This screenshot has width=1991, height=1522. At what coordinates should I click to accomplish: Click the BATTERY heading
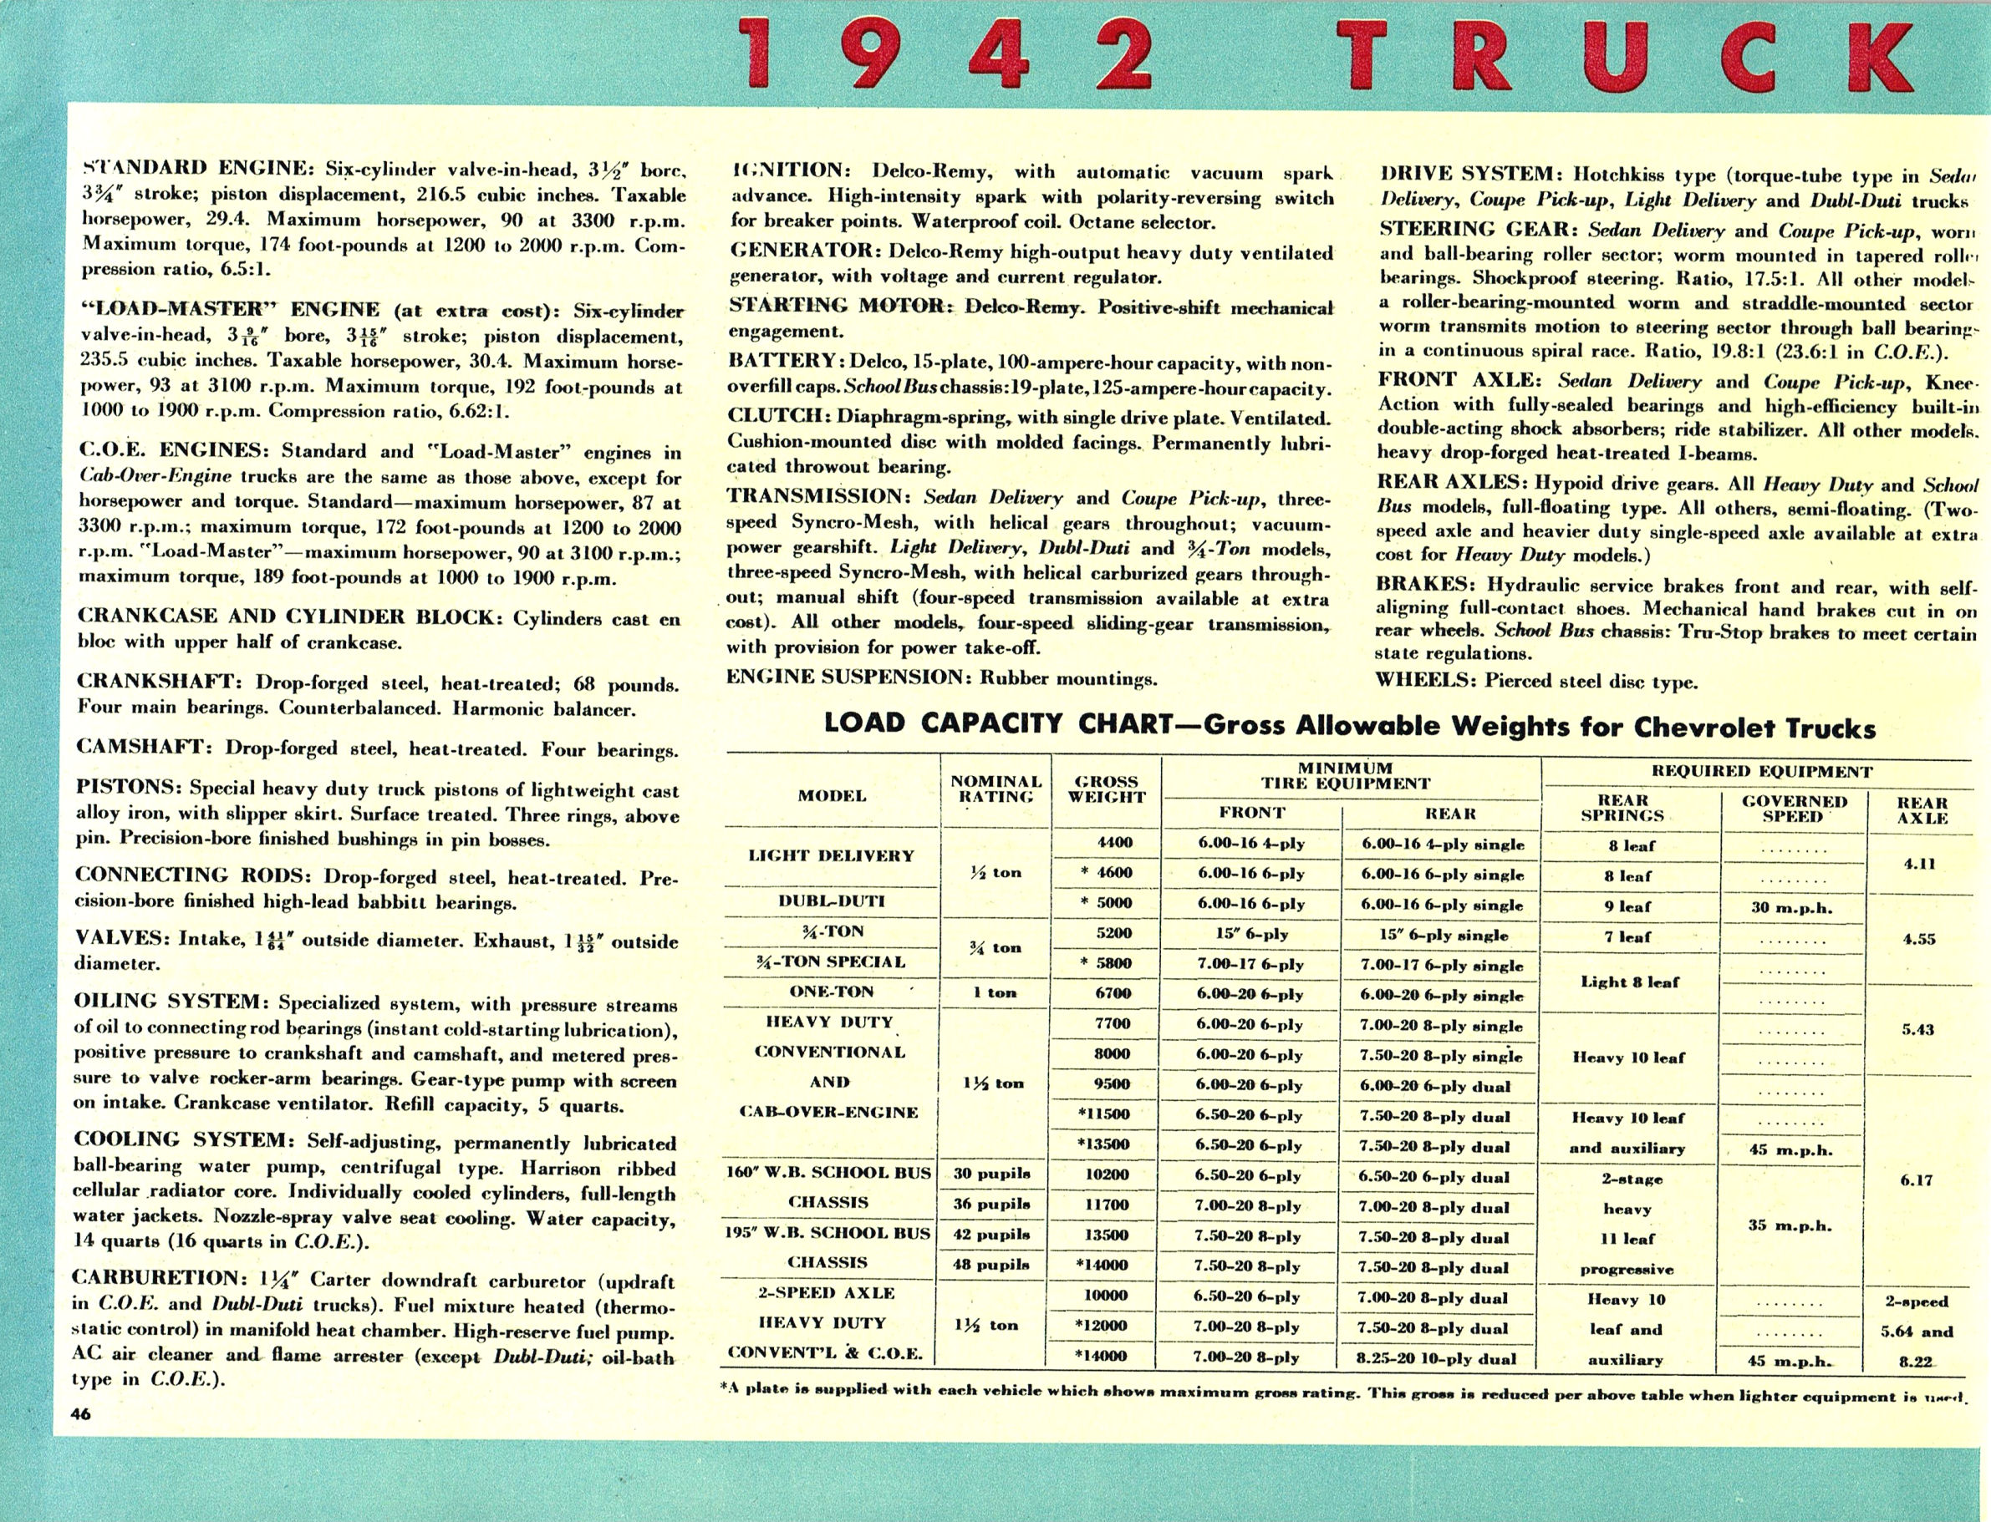click(782, 361)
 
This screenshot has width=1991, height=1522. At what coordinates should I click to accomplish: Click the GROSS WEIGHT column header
click(1108, 789)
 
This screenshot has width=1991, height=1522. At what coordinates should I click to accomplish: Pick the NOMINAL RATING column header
click(996, 789)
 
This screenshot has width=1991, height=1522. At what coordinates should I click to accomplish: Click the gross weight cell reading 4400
click(1113, 842)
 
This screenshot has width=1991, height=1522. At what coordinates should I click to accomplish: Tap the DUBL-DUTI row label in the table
click(831, 901)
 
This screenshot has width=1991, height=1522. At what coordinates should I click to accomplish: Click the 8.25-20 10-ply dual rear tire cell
click(1435, 1359)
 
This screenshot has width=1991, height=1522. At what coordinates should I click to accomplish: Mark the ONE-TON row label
click(831, 992)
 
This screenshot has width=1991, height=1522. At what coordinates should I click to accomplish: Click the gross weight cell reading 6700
click(1113, 993)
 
